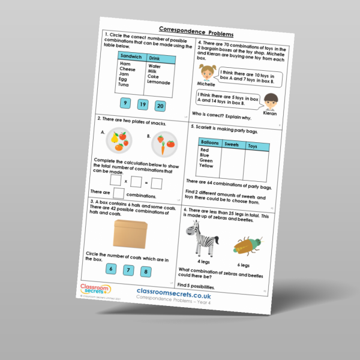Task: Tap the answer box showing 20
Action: [x=160, y=106]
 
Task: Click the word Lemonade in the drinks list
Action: [x=158, y=82]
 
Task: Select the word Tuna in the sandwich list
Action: [x=124, y=85]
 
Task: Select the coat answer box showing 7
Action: [x=128, y=269]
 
